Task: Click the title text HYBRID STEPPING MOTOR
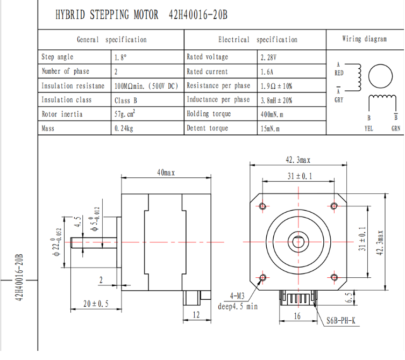click(x=107, y=15)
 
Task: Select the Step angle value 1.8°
click(x=120, y=57)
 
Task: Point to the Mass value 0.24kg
click(x=124, y=128)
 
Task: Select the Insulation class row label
click(x=67, y=100)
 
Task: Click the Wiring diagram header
click(x=364, y=39)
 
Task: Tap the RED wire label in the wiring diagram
click(x=339, y=73)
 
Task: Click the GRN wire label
click(x=396, y=128)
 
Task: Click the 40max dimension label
click(x=166, y=172)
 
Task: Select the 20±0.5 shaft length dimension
click(x=96, y=304)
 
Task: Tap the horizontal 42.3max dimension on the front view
click(x=298, y=160)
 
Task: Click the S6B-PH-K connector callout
click(x=341, y=322)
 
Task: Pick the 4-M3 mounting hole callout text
click(x=237, y=296)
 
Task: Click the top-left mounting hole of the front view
click(x=263, y=206)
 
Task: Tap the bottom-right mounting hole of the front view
click(x=335, y=277)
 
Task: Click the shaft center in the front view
click(x=299, y=242)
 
